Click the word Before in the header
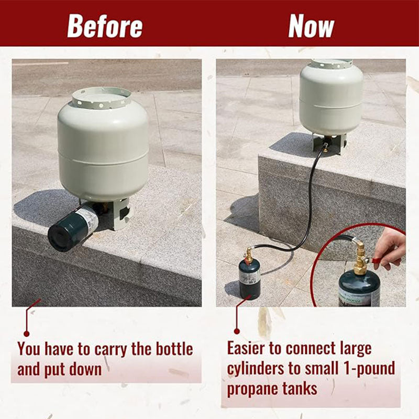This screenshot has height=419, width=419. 105,26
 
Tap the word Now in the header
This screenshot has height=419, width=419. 311,26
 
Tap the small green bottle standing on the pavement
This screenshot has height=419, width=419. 250,279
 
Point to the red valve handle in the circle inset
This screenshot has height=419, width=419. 377,260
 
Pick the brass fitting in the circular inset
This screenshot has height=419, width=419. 361,257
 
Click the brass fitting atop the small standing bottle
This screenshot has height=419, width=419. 249,255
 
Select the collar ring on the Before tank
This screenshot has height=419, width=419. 102,98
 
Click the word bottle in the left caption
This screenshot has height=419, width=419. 174,349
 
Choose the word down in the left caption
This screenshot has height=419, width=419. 85,369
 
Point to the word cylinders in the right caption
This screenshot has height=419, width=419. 256,369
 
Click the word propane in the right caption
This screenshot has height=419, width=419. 252,389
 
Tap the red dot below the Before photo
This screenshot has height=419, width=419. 26,334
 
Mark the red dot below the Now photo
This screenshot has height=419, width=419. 237,332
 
